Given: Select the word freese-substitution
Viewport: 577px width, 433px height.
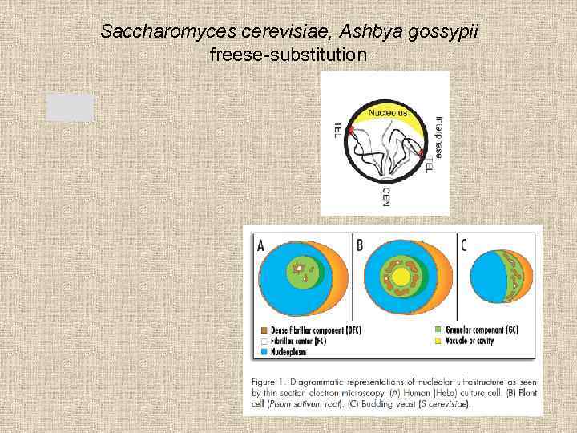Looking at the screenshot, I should pyautogui.click(x=288, y=55).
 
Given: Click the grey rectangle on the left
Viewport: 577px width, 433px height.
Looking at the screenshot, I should pyautogui.click(x=70, y=107).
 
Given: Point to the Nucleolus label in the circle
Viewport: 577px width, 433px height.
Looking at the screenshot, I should pyautogui.click(x=388, y=114).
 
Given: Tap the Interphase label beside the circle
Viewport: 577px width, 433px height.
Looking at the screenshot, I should pyautogui.click(x=438, y=133).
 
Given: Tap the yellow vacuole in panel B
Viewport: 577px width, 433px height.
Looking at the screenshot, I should pyautogui.click(x=399, y=278).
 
